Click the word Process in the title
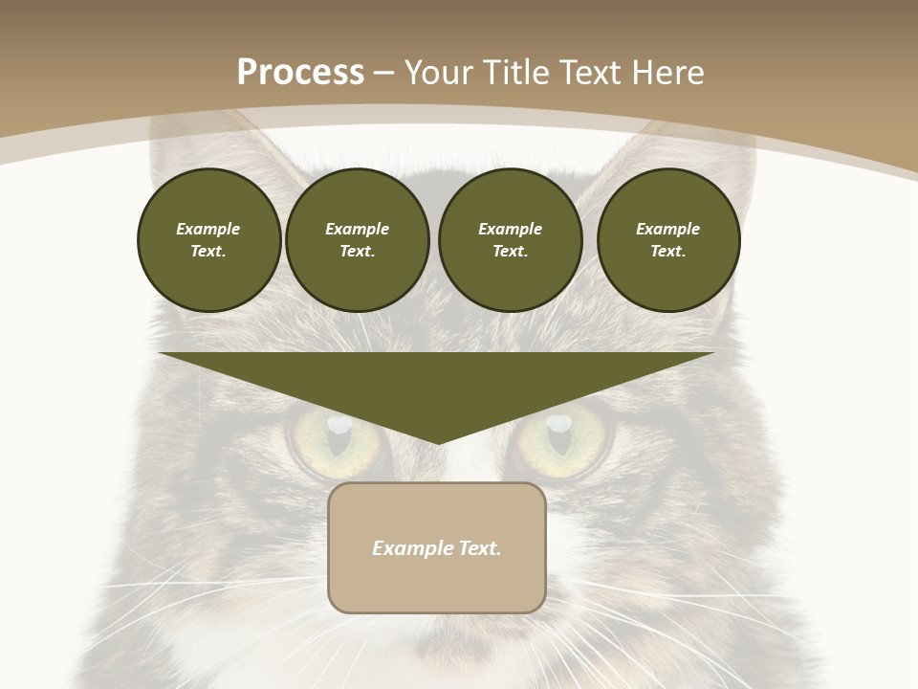(300, 73)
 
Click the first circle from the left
(208, 239)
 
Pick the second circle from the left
(357, 239)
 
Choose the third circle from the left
(510, 239)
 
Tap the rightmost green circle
(667, 239)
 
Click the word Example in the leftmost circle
(208, 229)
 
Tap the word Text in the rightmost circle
(667, 251)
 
